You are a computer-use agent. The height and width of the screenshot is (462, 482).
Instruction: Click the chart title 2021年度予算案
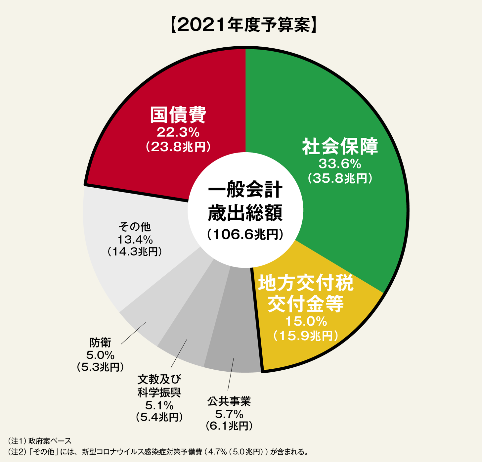[x=244, y=25]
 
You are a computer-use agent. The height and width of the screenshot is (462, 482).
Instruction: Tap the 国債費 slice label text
[x=178, y=115]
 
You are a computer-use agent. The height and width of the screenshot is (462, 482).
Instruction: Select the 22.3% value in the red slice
[x=178, y=132]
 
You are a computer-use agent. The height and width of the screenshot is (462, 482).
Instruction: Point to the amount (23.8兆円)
[x=178, y=147]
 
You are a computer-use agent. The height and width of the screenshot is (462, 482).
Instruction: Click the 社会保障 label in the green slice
[x=340, y=147]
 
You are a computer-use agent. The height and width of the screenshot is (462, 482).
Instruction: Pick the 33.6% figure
[x=340, y=164]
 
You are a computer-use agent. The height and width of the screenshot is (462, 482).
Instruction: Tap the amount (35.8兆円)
[x=340, y=178]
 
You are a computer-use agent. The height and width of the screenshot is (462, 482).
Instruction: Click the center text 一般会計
[x=245, y=190]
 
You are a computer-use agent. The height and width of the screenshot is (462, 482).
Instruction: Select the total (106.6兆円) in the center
[x=245, y=234]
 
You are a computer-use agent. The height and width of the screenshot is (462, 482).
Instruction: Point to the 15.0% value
[x=306, y=321]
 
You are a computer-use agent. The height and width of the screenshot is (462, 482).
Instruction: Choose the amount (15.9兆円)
[x=306, y=336]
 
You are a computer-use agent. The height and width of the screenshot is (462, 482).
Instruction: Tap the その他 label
[x=135, y=227]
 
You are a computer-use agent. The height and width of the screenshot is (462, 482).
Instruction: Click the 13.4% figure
[x=135, y=239]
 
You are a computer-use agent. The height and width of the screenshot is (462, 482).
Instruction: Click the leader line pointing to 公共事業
[x=231, y=374]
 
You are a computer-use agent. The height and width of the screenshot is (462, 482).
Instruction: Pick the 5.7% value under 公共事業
[x=229, y=414]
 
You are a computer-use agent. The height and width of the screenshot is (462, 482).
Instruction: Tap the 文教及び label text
[x=159, y=379]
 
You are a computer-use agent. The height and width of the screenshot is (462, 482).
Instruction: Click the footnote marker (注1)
[x=16, y=441]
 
